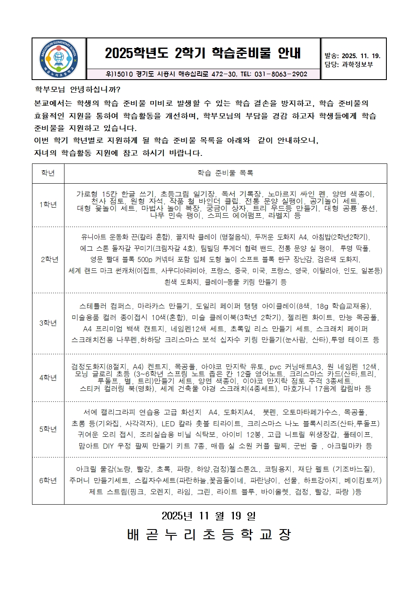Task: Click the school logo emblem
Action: tap(59, 59)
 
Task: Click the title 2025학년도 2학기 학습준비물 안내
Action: tap(203, 53)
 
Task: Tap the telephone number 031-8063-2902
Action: tap(281, 74)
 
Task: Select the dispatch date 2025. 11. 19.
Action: tap(361, 56)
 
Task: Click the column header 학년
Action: tap(48, 173)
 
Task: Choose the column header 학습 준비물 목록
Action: tap(225, 173)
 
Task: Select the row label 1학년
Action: tap(48, 205)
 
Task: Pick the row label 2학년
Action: tap(49, 259)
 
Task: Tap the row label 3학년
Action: tap(48, 323)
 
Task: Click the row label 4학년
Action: tap(48, 378)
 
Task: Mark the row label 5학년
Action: tap(48, 429)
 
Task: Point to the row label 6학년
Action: tap(48, 481)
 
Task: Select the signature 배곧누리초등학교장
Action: tap(209, 535)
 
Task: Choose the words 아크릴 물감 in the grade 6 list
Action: tap(93, 469)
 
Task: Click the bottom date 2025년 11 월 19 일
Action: tap(209, 516)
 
